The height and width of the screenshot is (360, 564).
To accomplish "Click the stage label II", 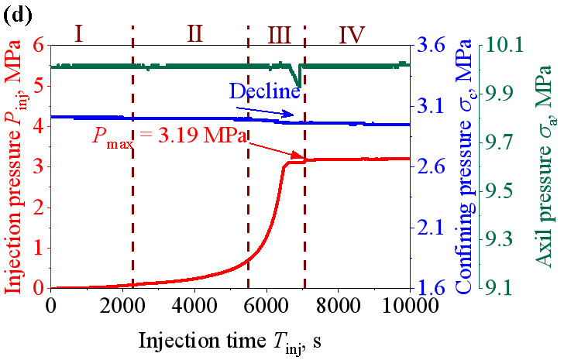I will point(194,33).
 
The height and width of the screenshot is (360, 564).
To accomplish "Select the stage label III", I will point(278,35).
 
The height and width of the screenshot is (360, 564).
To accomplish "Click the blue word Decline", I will point(264,91).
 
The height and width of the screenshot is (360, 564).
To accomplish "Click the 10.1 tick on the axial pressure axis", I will point(503,45).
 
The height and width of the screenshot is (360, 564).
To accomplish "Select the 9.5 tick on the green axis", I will point(503,190).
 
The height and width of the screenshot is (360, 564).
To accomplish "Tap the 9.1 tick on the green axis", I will point(503,288).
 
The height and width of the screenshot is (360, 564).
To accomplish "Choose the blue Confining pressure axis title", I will point(463,166).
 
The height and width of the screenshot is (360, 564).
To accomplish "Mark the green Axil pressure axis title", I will point(545,166).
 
